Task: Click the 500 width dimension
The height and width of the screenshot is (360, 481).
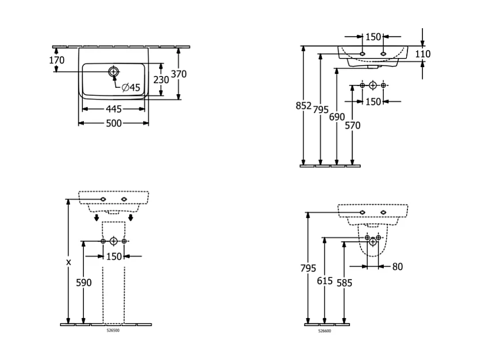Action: (114, 123)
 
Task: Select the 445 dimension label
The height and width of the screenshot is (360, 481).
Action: (114, 109)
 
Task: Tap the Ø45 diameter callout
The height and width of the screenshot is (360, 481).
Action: (131, 87)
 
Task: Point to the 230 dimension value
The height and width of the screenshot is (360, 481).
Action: (161, 80)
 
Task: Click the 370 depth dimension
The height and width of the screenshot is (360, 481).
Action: (178, 73)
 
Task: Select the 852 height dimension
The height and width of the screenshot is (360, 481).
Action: (303, 106)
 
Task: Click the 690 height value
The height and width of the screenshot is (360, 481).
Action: (337, 117)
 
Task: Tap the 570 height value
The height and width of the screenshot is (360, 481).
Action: (352, 125)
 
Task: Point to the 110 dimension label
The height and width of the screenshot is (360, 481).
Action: (422, 54)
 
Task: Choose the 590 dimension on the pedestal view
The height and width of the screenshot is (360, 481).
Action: (84, 282)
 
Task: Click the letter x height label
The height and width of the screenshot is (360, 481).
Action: (68, 262)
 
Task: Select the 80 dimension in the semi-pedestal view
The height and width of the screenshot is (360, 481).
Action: (398, 266)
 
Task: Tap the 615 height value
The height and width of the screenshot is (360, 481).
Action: (325, 280)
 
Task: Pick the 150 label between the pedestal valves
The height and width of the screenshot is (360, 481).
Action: (114, 256)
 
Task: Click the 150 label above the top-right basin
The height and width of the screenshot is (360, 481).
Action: (374, 37)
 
